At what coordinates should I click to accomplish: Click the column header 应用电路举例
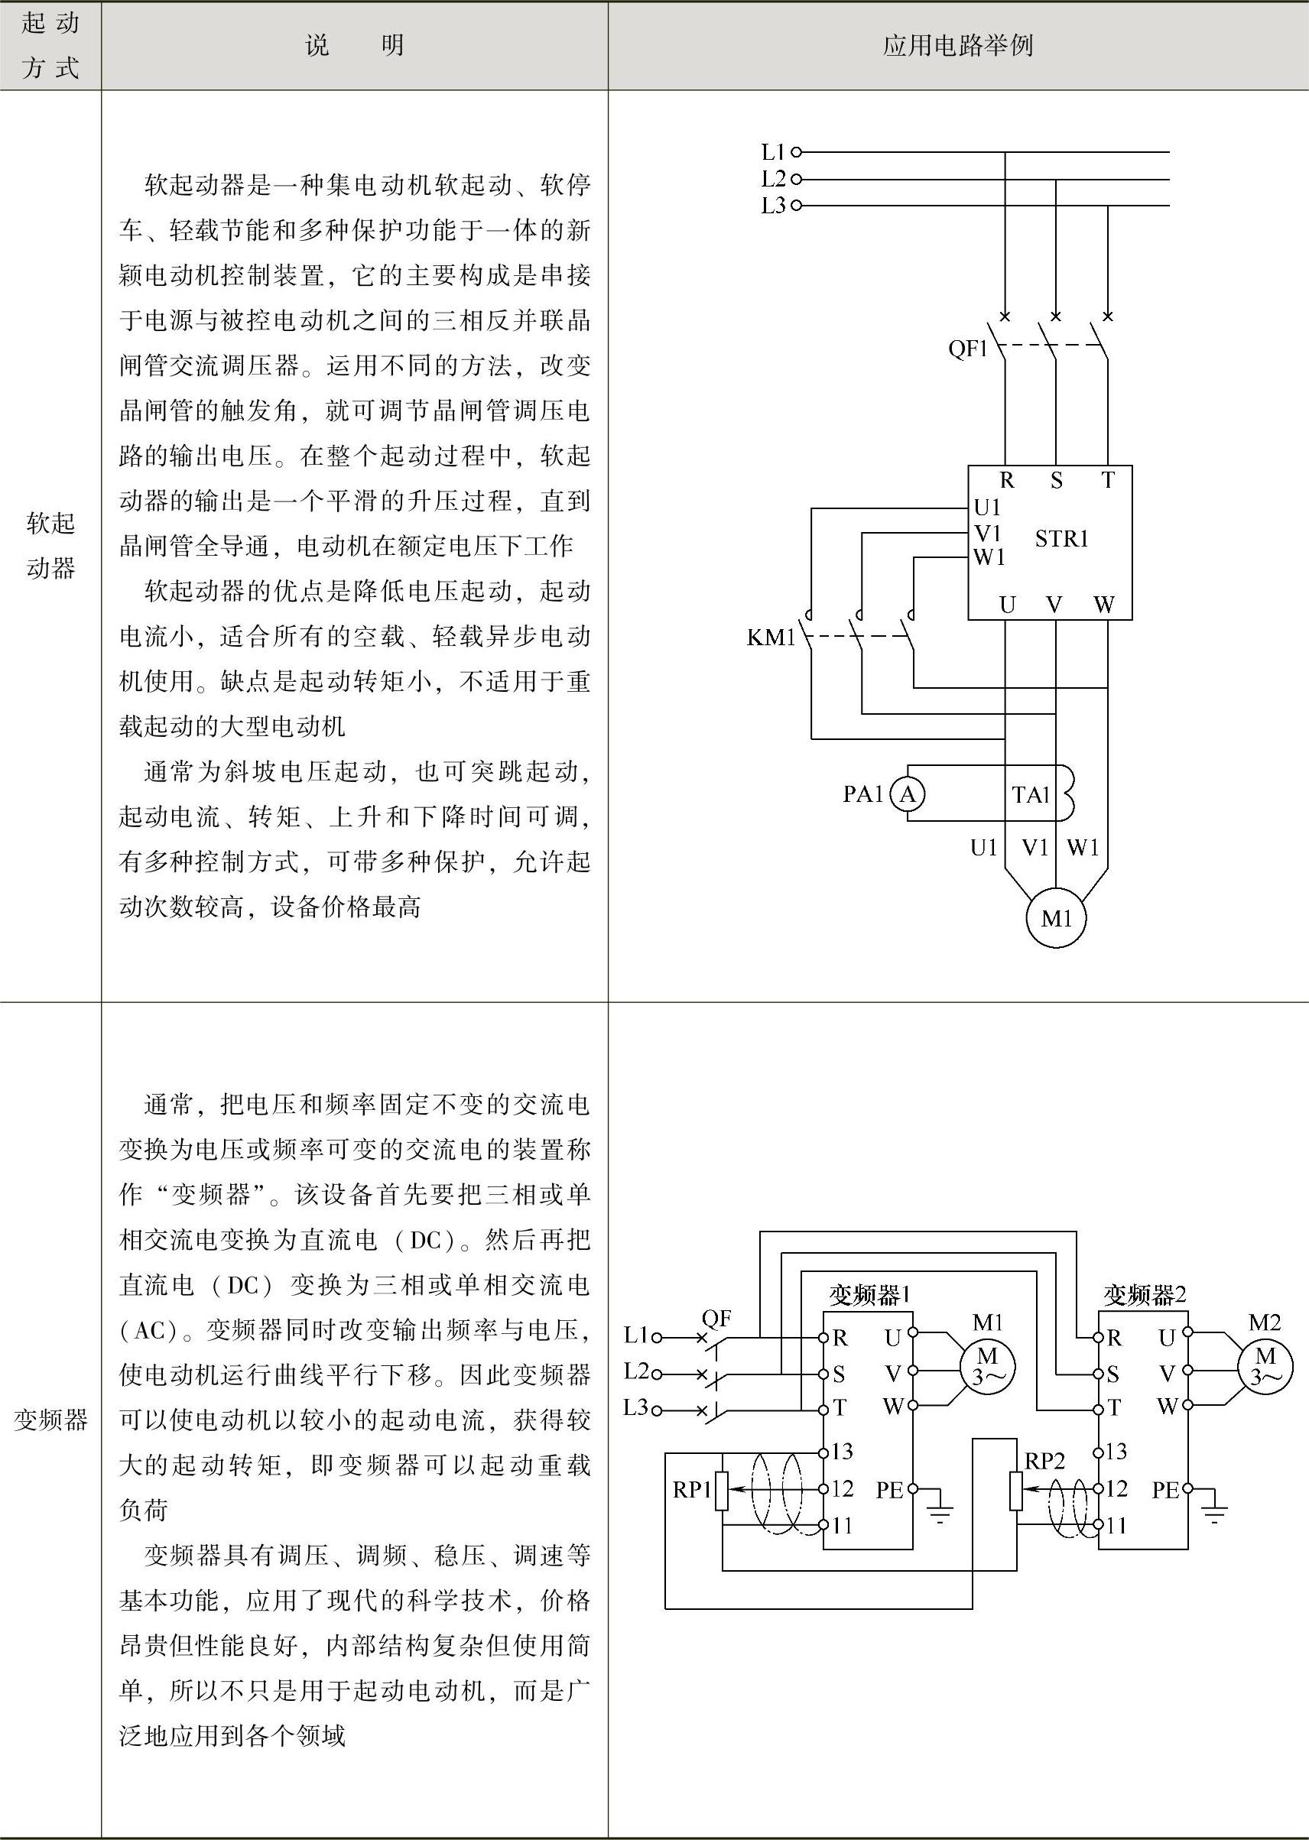pos(957,46)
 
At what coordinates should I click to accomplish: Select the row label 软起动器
pos(50,546)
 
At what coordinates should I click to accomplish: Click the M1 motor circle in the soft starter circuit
pos(1056,918)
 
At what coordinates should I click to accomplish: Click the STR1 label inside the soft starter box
pos(1061,538)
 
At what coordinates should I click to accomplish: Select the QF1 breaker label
pos(967,349)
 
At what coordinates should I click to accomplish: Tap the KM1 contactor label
pos(771,638)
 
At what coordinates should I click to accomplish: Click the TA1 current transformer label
pos(1031,796)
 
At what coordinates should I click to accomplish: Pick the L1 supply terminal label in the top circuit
pos(773,151)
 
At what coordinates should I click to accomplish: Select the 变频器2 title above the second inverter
pos(1145,1295)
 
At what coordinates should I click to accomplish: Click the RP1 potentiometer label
pos(691,1490)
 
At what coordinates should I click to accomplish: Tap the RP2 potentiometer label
pos(1044,1460)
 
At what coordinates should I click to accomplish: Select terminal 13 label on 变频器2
pos(1116,1452)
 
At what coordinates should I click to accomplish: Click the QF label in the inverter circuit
pos(716,1319)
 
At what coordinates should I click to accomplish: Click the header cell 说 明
pos(355,46)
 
